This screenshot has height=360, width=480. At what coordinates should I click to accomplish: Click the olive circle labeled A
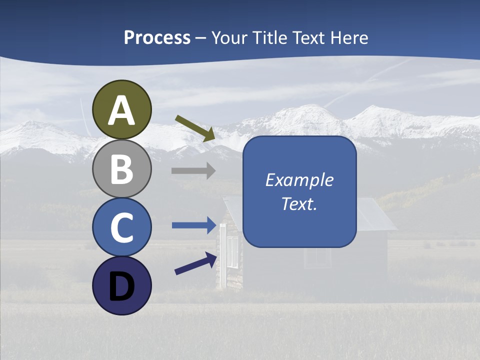121,109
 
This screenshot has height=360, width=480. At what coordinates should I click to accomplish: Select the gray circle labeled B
121,168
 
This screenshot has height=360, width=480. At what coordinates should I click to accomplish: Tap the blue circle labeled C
121,227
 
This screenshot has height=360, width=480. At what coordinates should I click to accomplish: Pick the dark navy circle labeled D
121,285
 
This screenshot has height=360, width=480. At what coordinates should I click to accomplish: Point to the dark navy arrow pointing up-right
195,263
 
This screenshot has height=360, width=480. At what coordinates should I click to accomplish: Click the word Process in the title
157,37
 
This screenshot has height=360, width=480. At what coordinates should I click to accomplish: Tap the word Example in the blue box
299,180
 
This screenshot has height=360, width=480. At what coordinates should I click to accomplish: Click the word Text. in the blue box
299,203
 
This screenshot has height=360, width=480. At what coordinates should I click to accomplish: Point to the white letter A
121,110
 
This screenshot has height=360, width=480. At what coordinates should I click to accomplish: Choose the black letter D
121,286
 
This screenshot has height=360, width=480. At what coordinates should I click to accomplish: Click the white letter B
121,169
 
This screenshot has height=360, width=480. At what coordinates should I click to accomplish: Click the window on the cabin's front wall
317,257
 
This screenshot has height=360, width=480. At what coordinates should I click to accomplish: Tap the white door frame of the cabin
222,255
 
